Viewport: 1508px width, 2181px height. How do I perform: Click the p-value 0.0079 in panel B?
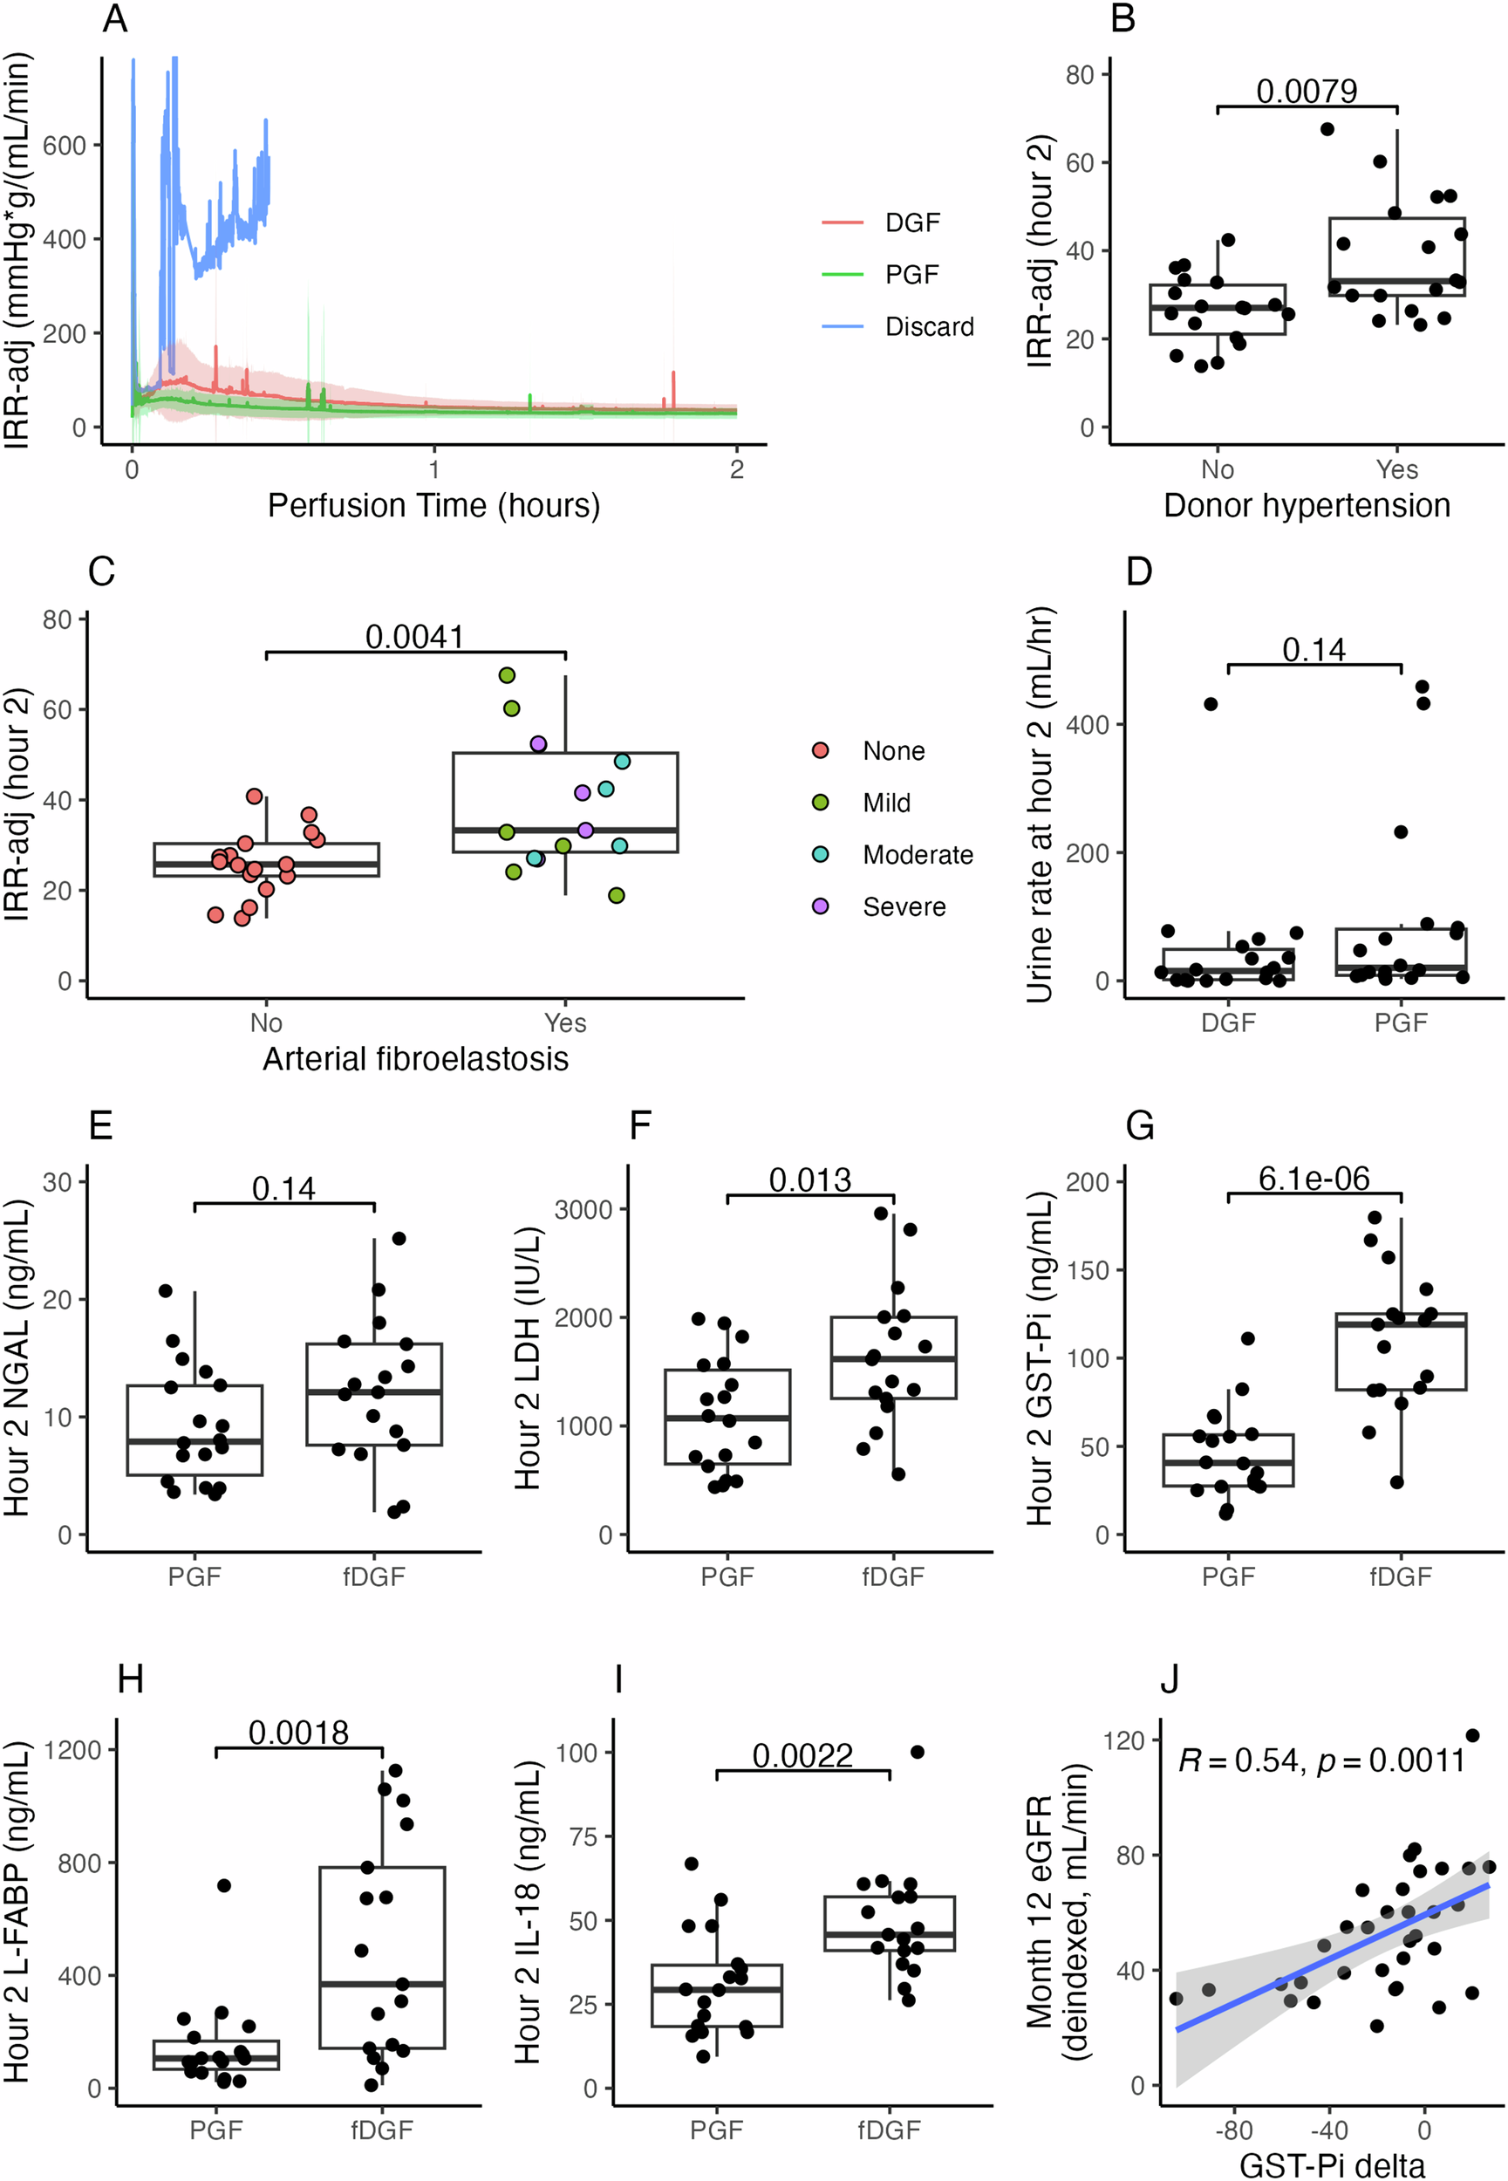point(1306,91)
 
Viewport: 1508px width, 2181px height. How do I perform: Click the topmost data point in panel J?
point(1472,1735)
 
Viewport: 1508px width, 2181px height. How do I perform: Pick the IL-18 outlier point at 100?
point(917,1752)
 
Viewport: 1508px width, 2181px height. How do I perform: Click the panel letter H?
point(131,1679)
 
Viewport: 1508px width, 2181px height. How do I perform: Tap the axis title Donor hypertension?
point(1306,506)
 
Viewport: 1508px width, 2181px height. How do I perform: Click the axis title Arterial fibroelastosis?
point(415,1059)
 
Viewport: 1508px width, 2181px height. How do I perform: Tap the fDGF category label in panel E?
point(373,1576)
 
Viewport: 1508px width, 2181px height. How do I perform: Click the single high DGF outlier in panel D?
point(1211,704)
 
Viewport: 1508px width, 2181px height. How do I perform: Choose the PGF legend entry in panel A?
point(911,275)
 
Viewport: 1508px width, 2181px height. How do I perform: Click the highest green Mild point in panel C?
point(507,674)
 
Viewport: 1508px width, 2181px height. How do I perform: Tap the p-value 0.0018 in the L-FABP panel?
point(298,1733)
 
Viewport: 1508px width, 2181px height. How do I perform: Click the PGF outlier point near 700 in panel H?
point(224,1885)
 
